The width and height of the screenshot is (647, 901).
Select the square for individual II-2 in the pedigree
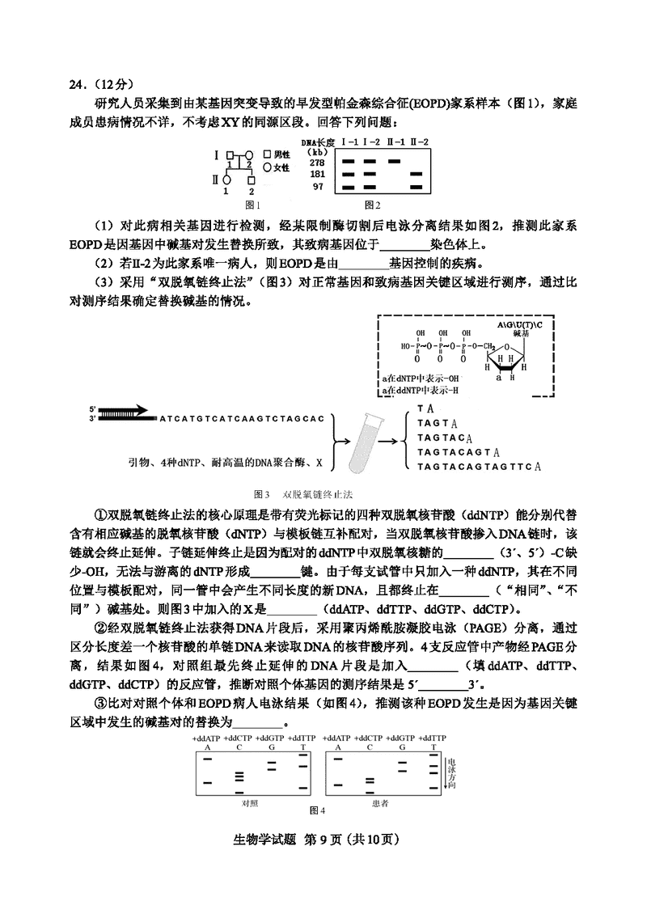click(252, 179)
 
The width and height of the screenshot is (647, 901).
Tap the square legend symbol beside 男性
click(268, 154)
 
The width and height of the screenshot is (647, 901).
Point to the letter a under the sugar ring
click(501, 376)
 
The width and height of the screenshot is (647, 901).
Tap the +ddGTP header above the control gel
click(271, 738)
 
